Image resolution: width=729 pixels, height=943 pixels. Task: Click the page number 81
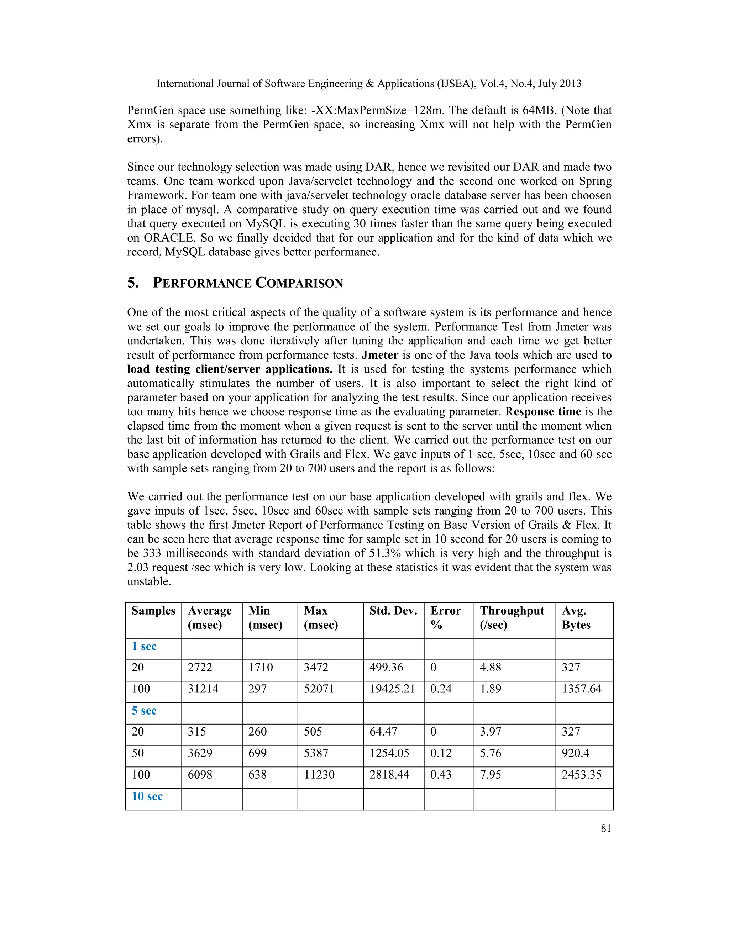pyautogui.click(x=605, y=828)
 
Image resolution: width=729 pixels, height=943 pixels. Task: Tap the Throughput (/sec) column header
pyautogui.click(x=512, y=617)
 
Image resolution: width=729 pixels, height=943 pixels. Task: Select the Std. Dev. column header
pyautogui.click(x=393, y=611)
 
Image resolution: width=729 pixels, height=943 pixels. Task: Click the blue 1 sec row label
pyautogui.click(x=144, y=646)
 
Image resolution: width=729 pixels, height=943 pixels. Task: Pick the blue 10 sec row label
pyautogui.click(x=147, y=796)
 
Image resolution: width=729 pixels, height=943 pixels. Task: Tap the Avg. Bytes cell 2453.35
pyautogui.click(x=581, y=775)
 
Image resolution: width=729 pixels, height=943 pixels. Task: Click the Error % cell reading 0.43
pyautogui.click(x=441, y=775)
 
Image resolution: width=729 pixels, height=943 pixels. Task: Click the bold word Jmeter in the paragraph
pyautogui.click(x=379, y=355)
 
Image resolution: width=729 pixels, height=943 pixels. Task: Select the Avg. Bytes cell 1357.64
pyautogui.click(x=581, y=689)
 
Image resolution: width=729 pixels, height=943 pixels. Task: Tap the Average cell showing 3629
pyautogui.click(x=200, y=753)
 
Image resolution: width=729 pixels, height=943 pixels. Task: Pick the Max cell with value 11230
pyautogui.click(x=319, y=775)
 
